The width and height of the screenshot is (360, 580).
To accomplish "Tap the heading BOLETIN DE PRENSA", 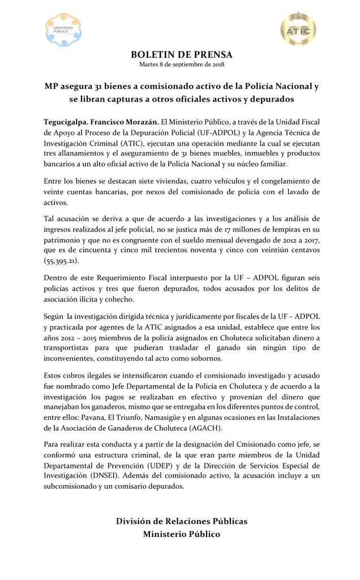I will tap(181, 54).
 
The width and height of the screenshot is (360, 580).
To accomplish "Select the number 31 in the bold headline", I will tap(104, 87).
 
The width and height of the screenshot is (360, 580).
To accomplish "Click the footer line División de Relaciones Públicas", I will tap(181, 521).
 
